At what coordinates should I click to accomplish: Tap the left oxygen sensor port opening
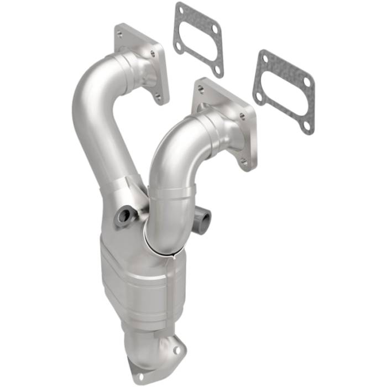(x=124, y=217)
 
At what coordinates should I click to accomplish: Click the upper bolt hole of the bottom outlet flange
(x=176, y=350)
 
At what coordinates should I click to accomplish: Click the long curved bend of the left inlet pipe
(x=94, y=111)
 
